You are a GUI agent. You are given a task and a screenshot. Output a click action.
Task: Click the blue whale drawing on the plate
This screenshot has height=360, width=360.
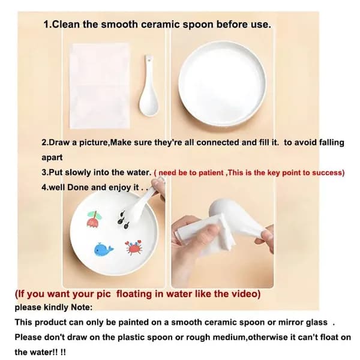click(x=104, y=249)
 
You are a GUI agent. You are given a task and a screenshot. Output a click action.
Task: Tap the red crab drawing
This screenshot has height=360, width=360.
click(x=134, y=247)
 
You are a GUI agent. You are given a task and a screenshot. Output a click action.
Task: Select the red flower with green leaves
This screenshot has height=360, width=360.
click(x=94, y=219)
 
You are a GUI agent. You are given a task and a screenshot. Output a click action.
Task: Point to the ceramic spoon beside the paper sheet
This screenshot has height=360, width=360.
click(x=149, y=85)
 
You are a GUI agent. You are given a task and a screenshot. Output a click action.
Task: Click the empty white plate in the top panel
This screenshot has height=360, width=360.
click(x=222, y=83)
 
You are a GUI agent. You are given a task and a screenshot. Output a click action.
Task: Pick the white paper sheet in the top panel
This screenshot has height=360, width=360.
click(x=100, y=86)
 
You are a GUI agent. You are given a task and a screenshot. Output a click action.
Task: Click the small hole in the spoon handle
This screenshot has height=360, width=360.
click(x=149, y=61)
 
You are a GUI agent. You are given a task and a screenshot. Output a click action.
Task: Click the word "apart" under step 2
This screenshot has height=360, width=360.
click(x=52, y=158)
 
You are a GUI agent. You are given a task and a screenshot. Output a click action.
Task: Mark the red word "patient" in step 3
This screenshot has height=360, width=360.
click(x=211, y=173)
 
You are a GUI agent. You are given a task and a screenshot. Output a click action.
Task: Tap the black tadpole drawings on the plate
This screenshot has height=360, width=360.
click(x=123, y=220)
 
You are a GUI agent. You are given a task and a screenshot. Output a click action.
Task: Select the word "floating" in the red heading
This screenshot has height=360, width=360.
click(x=134, y=294)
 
